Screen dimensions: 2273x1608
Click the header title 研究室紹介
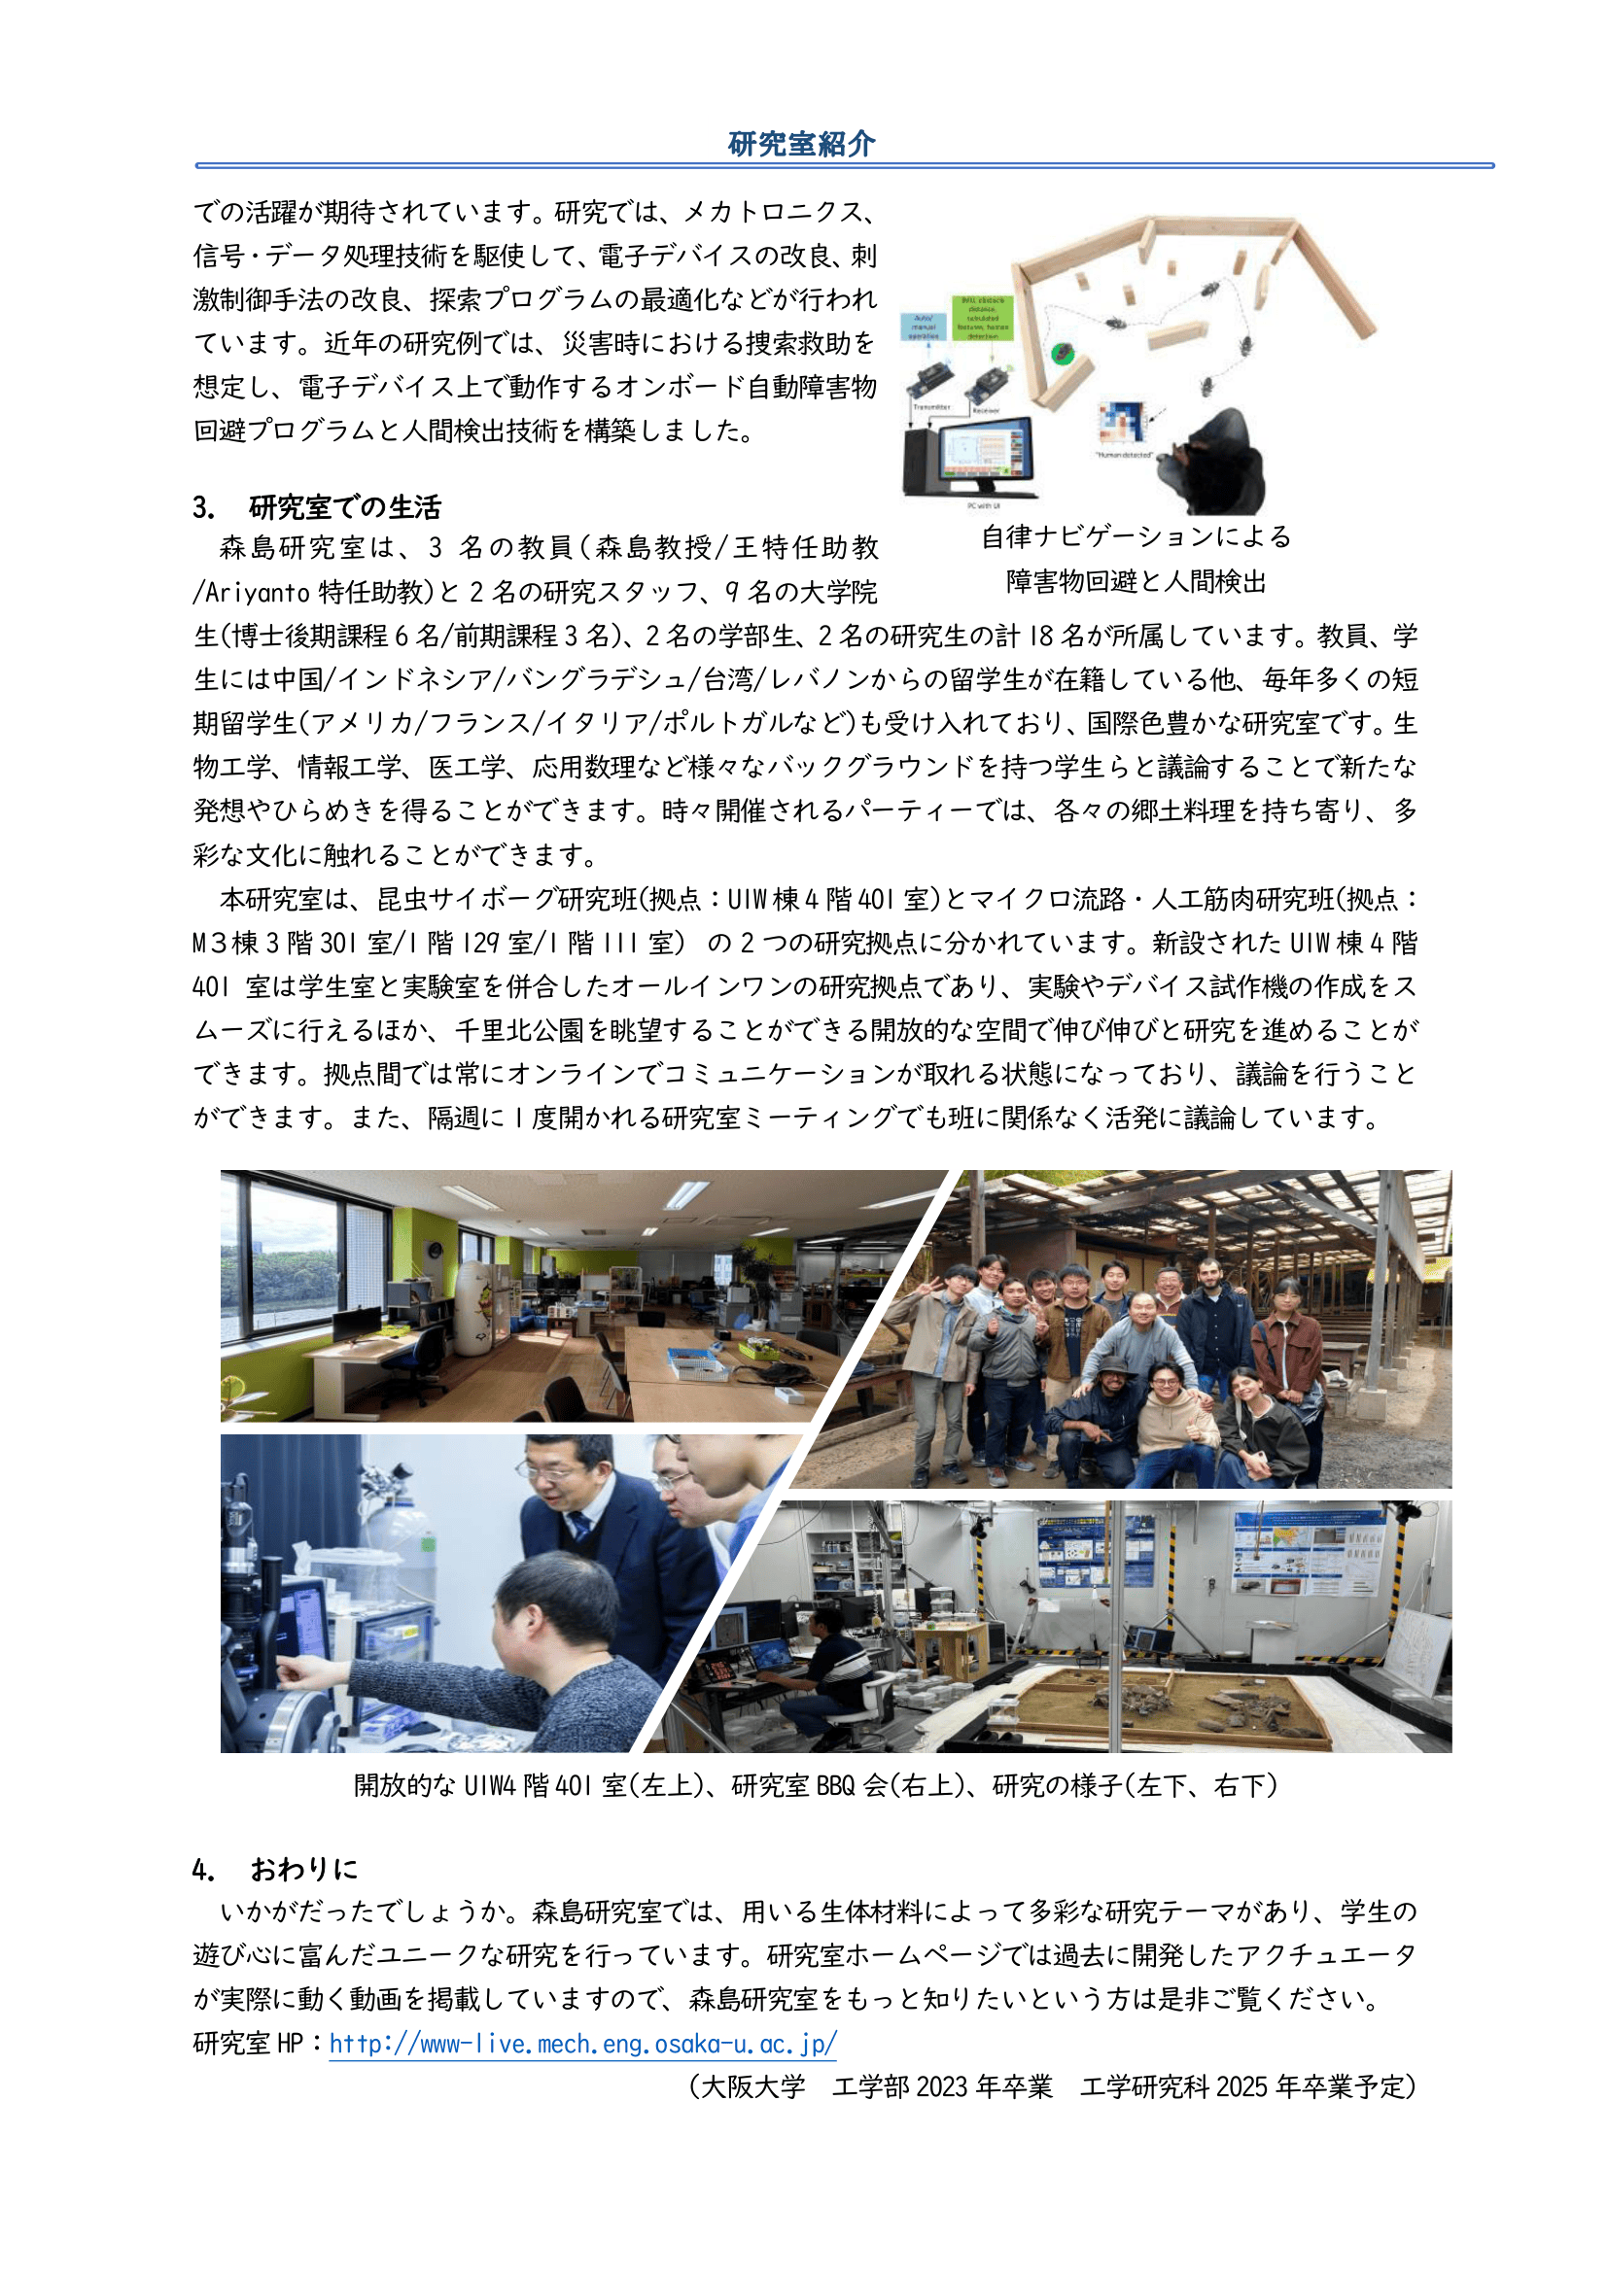[x=801, y=145]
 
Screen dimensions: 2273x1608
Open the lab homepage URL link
[x=582, y=2044]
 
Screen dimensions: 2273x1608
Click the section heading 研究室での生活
[x=344, y=508]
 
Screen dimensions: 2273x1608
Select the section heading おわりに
[x=304, y=1869]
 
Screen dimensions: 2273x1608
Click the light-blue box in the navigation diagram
[x=924, y=327]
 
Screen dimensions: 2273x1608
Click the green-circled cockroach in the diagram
[x=1064, y=352]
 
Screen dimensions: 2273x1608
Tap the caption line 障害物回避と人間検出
[x=1136, y=582]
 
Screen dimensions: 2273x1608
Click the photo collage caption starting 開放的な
[x=815, y=1786]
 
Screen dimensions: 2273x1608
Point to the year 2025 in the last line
[x=1241, y=2086]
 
